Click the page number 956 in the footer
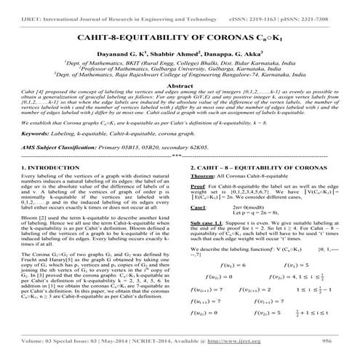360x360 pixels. [x=326, y=340]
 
